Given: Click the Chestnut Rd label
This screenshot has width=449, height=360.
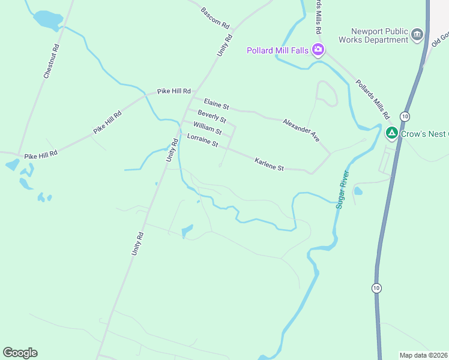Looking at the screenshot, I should (51, 61).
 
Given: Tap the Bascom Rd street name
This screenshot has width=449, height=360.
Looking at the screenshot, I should (215, 19).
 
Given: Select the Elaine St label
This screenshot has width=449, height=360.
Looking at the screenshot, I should (216, 103).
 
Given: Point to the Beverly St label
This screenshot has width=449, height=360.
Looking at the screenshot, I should (212, 116).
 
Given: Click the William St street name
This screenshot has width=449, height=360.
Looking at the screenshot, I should (208, 128).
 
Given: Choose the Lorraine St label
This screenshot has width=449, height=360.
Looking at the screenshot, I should (202, 141).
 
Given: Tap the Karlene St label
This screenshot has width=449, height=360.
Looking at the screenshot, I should (269, 164).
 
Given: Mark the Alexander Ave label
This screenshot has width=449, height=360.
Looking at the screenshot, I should (302, 129).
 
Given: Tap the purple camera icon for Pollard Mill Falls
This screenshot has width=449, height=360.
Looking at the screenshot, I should (318, 50).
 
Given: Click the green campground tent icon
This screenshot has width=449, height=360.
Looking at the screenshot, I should (392, 133).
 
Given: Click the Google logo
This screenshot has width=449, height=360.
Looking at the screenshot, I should (20, 353).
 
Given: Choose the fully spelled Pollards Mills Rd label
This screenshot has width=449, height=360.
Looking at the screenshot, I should (373, 99).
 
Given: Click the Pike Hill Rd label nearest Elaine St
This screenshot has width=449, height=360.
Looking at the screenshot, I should (173, 91).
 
